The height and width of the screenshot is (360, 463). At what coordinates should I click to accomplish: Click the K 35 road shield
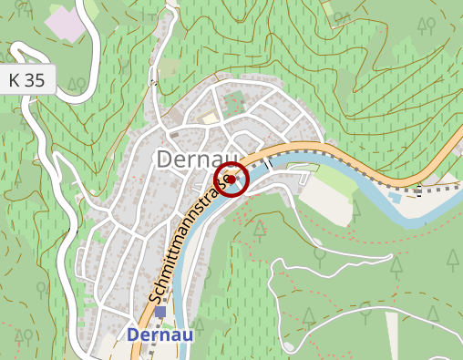[x=26, y=80]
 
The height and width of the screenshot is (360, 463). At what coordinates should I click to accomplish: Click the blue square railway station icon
[x=160, y=313]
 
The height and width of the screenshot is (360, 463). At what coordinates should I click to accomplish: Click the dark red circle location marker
[x=231, y=180]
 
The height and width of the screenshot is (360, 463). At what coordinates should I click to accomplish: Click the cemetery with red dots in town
[x=234, y=101]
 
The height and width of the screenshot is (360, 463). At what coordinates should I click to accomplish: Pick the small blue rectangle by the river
[x=395, y=195]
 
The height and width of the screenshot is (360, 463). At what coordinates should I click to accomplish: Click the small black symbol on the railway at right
[x=418, y=190]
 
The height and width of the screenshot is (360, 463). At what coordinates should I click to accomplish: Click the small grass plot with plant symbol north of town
[x=170, y=69]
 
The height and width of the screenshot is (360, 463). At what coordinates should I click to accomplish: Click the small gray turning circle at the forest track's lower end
[x=291, y=348]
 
